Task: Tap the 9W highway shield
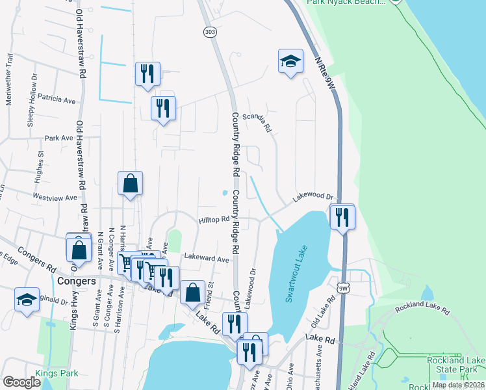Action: tap(343, 287)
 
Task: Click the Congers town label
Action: tap(77, 281)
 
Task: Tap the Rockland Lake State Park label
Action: tap(456, 365)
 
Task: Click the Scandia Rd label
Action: tap(256, 122)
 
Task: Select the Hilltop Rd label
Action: tap(214, 220)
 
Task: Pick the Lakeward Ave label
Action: tap(206, 259)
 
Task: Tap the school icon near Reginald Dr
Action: tap(27, 299)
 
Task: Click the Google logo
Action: tap(22, 382)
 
